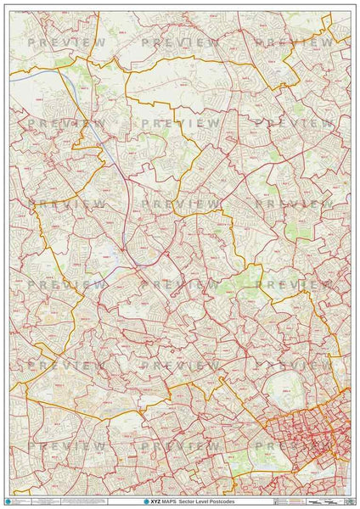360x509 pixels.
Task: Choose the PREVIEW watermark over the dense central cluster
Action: tap(294, 446)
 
